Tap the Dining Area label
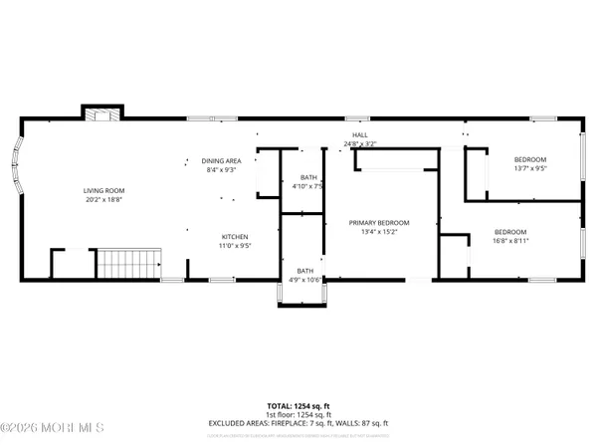(222, 160)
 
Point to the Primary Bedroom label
(378, 223)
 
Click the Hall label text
(359, 135)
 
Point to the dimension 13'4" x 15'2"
(378, 233)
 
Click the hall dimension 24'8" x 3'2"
(359, 144)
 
